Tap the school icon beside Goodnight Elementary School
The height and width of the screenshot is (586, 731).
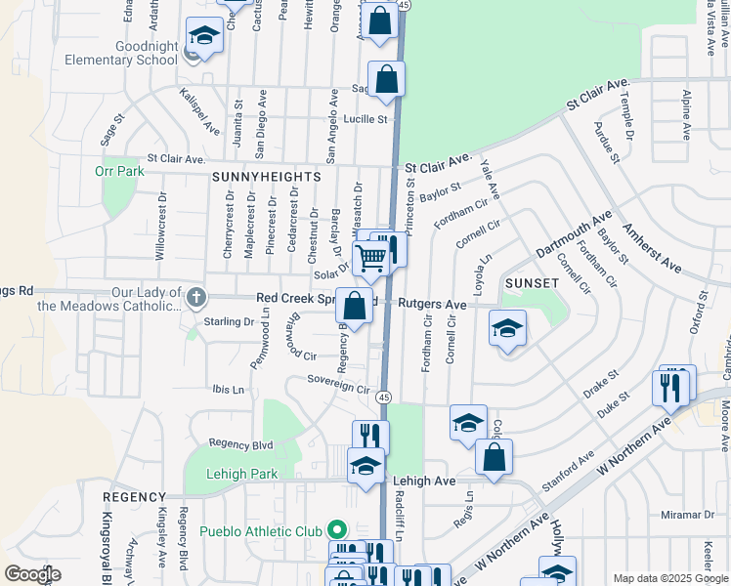203,38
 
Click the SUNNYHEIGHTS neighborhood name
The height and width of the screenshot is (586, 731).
266,177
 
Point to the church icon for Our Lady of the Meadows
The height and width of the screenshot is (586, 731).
195,296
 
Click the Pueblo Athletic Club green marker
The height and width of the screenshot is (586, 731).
337,531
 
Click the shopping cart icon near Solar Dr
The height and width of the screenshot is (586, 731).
372,258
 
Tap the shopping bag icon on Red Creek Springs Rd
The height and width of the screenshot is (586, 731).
356,306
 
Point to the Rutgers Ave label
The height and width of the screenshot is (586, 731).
432,304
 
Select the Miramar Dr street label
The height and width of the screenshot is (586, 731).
687,515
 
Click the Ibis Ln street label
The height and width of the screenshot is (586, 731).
228,389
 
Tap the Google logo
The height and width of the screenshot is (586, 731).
33,573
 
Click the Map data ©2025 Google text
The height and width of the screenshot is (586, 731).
669,578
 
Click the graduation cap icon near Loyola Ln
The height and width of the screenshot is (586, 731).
507,330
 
